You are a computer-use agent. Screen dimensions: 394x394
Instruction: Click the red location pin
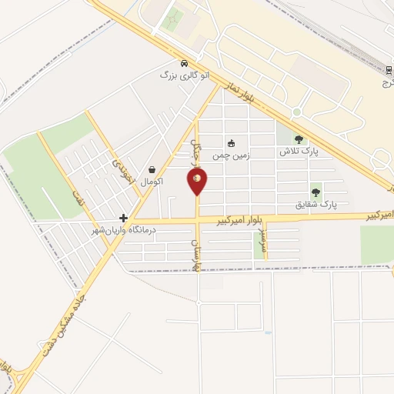(x=197, y=181)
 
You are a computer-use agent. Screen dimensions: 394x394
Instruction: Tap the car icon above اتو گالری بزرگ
(x=184, y=63)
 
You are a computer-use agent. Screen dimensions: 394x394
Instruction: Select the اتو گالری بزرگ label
(x=184, y=75)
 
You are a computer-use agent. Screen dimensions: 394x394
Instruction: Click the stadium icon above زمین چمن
(x=230, y=142)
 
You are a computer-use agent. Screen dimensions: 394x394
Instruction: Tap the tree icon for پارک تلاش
(x=299, y=139)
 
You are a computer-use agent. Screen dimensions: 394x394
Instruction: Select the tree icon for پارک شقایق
(x=316, y=192)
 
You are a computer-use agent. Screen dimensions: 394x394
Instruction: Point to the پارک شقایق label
(x=316, y=205)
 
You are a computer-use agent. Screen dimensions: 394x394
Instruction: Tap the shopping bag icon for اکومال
(x=152, y=169)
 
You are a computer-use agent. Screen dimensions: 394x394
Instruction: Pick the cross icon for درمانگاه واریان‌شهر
(x=123, y=219)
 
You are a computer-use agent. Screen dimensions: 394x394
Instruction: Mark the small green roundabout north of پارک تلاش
(x=296, y=112)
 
